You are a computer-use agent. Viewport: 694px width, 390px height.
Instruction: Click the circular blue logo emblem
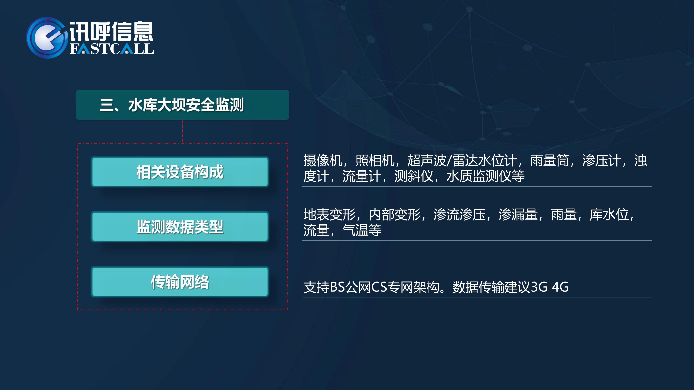point(46,37)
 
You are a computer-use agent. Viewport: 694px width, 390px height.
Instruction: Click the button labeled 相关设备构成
point(180,172)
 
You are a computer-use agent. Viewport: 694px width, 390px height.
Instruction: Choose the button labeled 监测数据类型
point(180,227)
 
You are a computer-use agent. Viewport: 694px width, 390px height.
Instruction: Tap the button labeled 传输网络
point(180,282)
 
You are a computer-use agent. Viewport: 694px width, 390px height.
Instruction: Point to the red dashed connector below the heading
point(183,131)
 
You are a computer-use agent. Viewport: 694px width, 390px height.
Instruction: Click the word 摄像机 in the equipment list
point(323,161)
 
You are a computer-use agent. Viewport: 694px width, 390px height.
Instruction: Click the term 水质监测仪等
point(485,176)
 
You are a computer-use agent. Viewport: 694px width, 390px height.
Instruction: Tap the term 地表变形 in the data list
point(329,215)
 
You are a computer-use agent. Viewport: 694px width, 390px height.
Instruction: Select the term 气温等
point(362,230)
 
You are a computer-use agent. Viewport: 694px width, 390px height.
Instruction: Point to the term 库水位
point(609,215)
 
